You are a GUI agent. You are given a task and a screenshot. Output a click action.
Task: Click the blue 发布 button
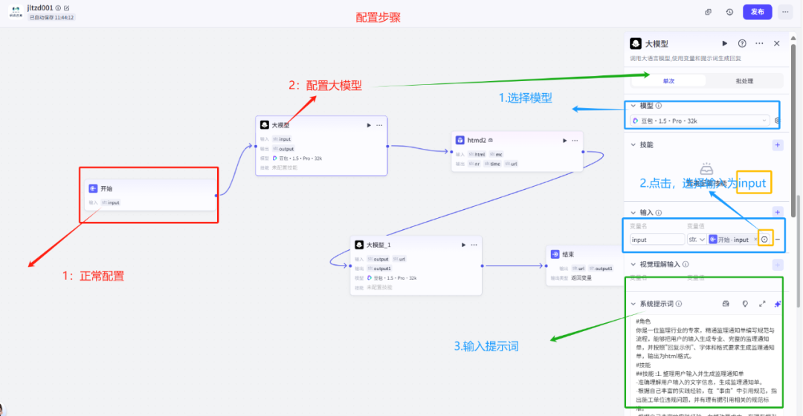(757, 12)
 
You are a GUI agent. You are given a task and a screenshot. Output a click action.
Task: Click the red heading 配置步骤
(378, 17)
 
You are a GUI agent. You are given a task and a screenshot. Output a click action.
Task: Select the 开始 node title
(106, 189)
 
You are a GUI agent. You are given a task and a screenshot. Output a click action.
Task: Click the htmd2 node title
(476, 140)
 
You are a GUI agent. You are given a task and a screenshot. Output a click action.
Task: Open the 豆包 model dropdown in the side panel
(700, 121)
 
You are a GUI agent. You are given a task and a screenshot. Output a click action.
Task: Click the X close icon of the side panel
(777, 44)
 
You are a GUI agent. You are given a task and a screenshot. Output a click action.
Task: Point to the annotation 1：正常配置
(93, 275)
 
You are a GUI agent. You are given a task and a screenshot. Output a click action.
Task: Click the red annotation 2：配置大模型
(325, 86)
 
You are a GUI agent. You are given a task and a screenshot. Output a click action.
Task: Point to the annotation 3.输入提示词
(486, 346)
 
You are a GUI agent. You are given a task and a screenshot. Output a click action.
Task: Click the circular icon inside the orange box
(765, 240)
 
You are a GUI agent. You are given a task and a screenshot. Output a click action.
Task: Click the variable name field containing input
(657, 240)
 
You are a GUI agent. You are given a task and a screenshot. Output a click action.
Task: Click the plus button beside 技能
(778, 145)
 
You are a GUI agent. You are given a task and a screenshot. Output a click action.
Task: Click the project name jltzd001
(41, 7)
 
